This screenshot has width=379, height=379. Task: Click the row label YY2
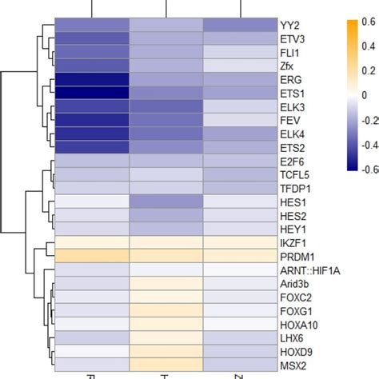pos(289,25)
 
